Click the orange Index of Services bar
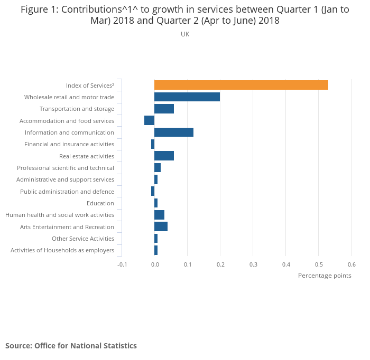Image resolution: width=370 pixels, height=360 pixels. pos(241,85)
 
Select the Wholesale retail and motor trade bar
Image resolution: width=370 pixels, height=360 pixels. pos(187,97)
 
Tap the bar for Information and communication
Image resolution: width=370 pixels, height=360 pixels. pos(174,132)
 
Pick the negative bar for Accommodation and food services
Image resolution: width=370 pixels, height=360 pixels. pos(149,121)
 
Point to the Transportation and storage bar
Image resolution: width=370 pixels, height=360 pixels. pos(164,109)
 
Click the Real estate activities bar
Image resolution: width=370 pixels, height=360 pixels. pos(164,156)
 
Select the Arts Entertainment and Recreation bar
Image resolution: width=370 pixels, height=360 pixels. pos(161,227)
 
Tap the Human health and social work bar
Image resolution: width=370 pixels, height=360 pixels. pos(159,215)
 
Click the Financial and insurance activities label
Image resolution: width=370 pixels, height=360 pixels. pos(69,144)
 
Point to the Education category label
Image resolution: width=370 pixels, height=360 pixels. pos(100,203)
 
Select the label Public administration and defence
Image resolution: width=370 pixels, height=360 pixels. pos(67,192)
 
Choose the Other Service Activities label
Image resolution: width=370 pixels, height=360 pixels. pos(83,239)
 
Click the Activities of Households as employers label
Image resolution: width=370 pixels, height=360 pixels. pos(62,250)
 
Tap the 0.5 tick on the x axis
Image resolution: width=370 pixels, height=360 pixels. pos(319,264)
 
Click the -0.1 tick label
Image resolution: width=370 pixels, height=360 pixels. pos(122,264)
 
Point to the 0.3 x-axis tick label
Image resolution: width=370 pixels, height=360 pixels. pos(253,264)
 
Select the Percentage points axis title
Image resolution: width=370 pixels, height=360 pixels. pos(325,276)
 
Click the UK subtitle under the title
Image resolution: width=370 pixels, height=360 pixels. pos(185,34)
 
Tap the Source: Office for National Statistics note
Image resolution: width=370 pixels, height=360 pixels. pos(71,346)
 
